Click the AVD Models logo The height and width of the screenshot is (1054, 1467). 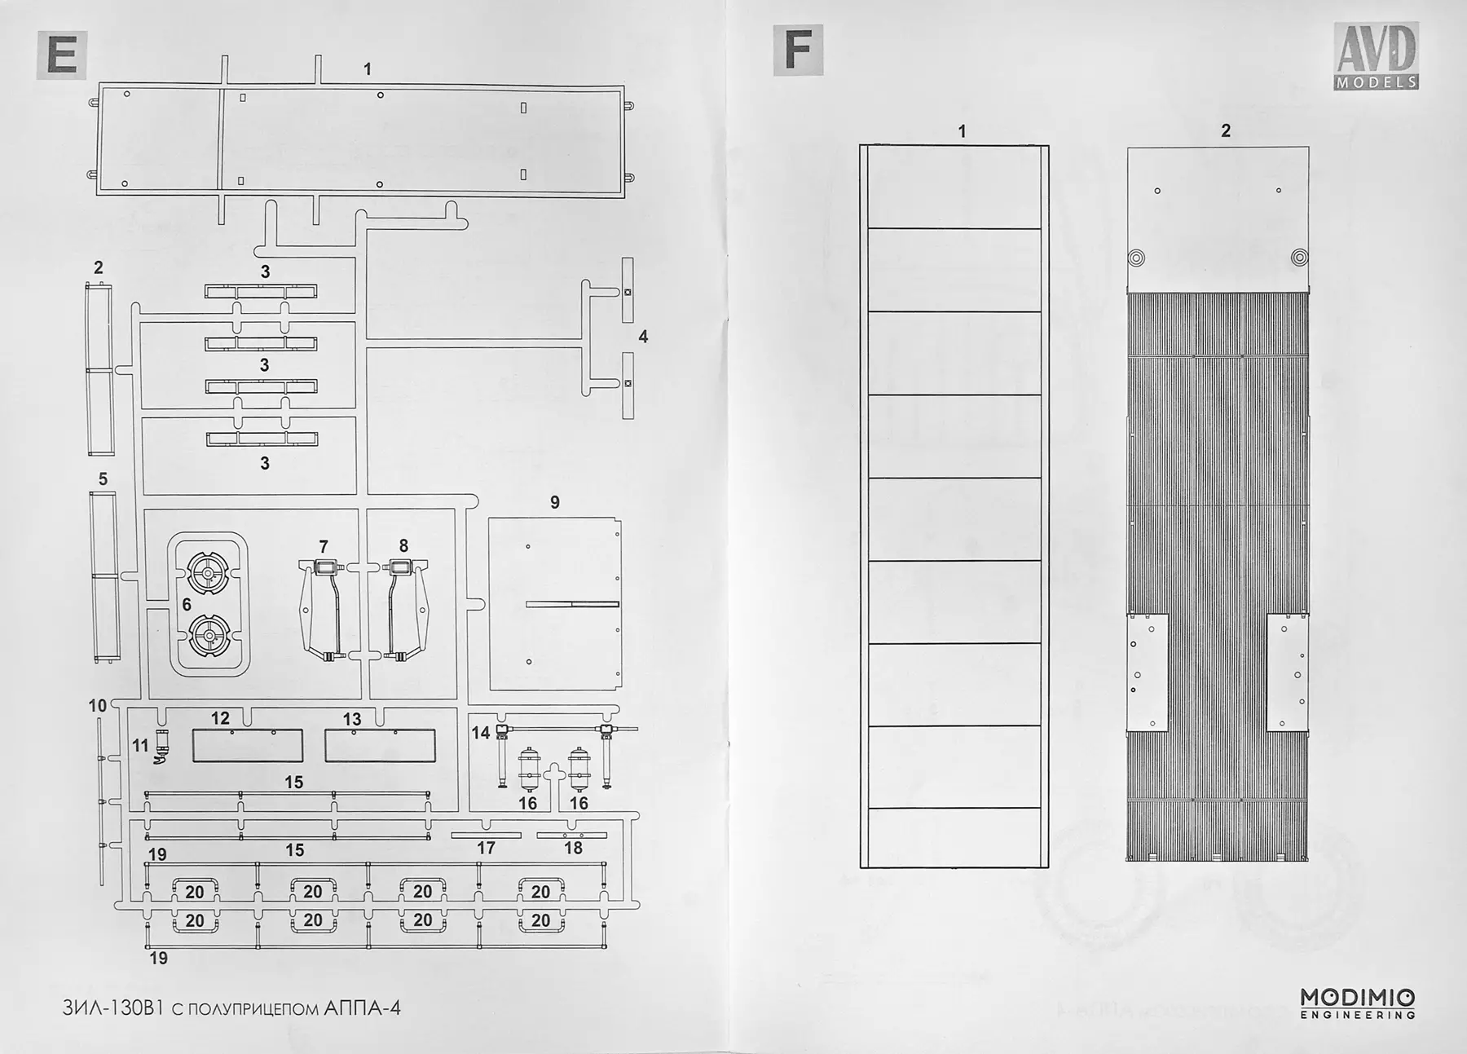point(1377,56)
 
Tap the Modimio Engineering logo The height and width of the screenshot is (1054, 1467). point(1357,1003)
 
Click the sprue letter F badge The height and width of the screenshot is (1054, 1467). point(798,50)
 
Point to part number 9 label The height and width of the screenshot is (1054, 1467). point(555,502)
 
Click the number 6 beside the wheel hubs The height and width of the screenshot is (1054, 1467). point(187,604)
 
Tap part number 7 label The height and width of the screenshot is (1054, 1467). point(324,546)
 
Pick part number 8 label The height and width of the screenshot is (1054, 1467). point(403,546)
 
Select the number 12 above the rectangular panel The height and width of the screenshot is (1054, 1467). point(220,718)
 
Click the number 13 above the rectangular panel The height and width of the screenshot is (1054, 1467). point(352,719)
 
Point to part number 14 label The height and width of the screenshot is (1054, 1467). point(481,732)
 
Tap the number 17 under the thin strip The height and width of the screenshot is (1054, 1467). point(486,848)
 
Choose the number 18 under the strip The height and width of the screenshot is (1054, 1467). point(573,848)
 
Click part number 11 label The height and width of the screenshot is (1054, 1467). point(141,745)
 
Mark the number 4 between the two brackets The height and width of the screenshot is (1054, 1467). point(643,337)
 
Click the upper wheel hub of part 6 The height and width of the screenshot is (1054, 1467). point(208,574)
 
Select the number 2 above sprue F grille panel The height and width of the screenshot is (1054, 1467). point(1226,130)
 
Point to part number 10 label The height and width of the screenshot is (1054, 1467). point(98,705)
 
